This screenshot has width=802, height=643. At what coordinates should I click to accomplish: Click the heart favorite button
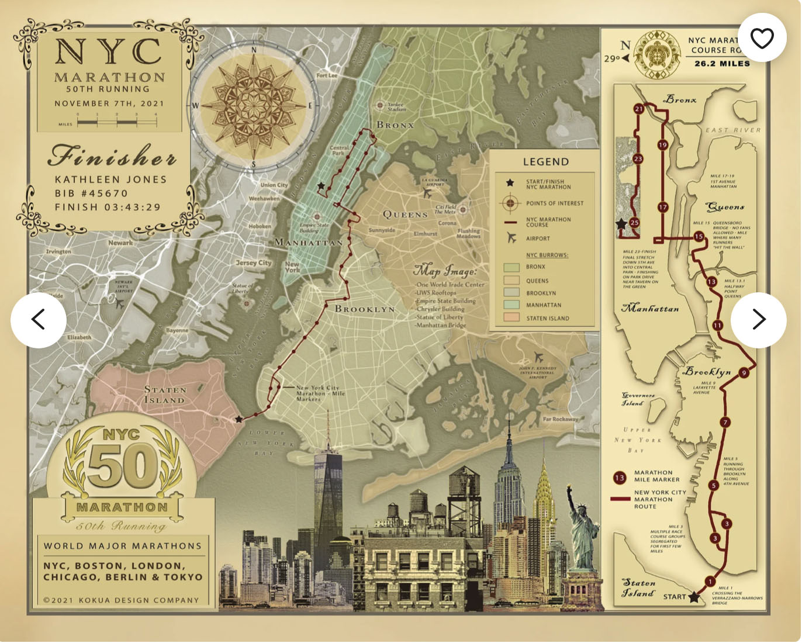pos(762,38)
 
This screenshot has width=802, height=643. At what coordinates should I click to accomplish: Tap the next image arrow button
pos(758,320)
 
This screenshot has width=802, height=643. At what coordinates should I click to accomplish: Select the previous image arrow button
pos(39,320)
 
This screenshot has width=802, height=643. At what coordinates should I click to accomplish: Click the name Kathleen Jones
pos(110,179)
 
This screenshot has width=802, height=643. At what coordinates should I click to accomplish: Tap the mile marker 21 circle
pos(638,109)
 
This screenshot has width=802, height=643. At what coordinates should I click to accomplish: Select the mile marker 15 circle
pos(699,237)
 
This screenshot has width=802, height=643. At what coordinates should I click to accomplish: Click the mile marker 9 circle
pos(744,373)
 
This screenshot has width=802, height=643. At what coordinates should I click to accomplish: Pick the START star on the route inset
pos(694,597)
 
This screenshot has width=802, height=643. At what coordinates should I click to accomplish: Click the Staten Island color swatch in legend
pos(511,317)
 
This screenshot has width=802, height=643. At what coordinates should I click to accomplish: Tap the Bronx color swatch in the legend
pos(511,267)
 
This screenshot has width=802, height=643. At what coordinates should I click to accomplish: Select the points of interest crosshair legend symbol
pos(510,203)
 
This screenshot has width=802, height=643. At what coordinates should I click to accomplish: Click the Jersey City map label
pos(254,263)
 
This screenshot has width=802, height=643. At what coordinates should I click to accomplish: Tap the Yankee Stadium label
pos(396,107)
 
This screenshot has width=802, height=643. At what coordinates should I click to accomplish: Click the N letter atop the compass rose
pos(254,50)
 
